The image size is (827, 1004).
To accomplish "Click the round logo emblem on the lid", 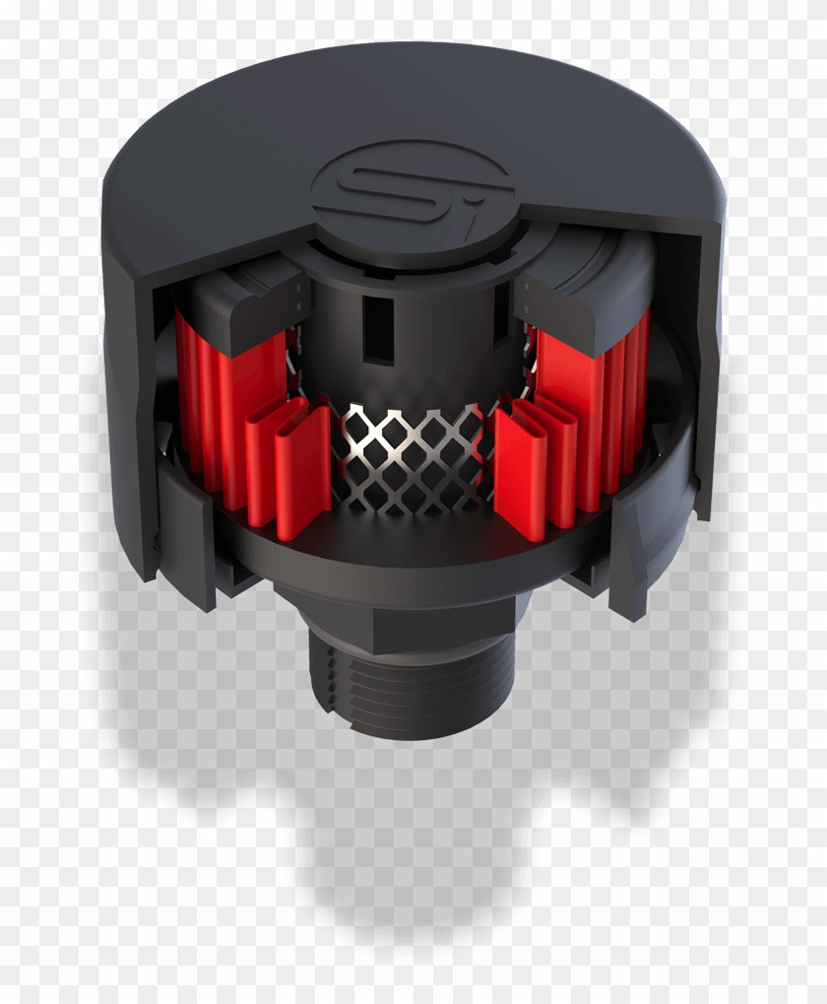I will pos(412,186).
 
